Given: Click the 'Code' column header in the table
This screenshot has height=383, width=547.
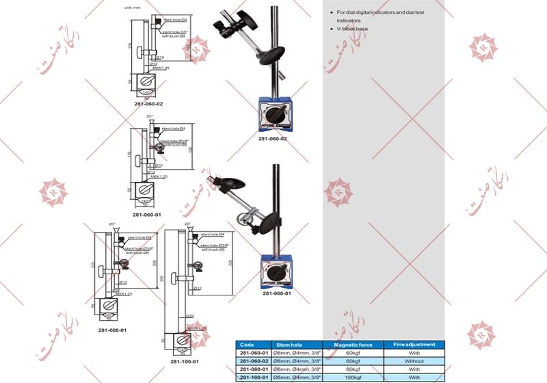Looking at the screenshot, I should [248, 345].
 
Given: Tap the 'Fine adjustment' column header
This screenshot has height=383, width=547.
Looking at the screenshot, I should [414, 345].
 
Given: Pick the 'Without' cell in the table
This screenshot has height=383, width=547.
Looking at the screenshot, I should [414, 361].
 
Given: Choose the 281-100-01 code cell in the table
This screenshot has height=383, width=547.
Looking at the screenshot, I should [253, 377].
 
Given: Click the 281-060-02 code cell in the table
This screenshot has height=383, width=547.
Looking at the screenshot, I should [253, 361].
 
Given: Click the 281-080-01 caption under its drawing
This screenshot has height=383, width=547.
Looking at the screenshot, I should [112, 330].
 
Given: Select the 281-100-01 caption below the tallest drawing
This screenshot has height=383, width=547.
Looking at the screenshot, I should [185, 361].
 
